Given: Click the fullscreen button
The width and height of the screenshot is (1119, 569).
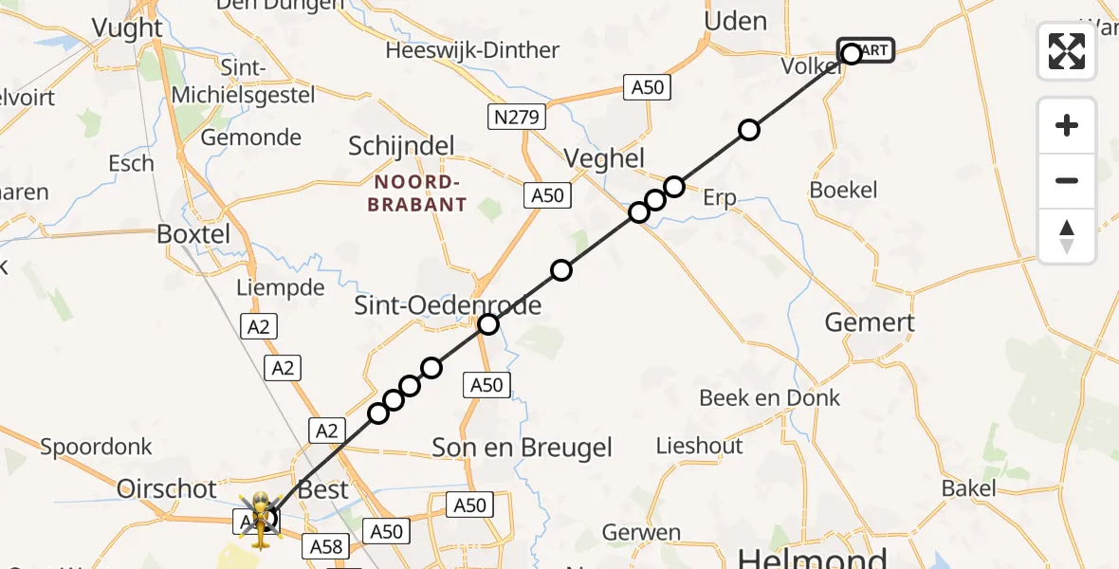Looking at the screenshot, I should (x=1067, y=51).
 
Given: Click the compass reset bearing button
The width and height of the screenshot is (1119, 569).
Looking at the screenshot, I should (x=1067, y=236).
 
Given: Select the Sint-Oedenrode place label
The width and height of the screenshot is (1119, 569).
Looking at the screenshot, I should (x=448, y=305).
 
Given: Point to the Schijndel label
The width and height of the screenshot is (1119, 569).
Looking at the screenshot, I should (x=401, y=146).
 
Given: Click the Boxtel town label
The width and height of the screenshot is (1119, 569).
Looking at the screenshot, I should (x=193, y=233).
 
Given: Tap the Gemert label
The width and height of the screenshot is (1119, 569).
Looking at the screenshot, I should (x=870, y=322).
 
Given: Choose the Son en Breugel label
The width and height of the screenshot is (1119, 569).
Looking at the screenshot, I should (x=523, y=448).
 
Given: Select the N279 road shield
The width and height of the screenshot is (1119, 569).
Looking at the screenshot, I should (x=517, y=118).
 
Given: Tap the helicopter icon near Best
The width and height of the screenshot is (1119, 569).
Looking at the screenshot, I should (x=259, y=518).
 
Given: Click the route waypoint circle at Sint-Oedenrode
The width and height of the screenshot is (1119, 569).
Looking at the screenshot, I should (x=487, y=324).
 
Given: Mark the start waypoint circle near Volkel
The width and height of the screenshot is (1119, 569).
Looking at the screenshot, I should (x=852, y=54).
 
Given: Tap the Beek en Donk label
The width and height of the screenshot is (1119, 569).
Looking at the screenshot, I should (x=769, y=397).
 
